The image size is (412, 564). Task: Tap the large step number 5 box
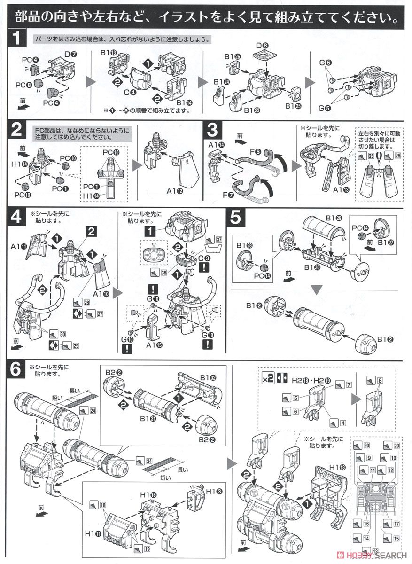236,218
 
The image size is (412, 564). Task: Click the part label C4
130,92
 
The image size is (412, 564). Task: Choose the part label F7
229,194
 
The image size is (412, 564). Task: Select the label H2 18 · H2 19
304,377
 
